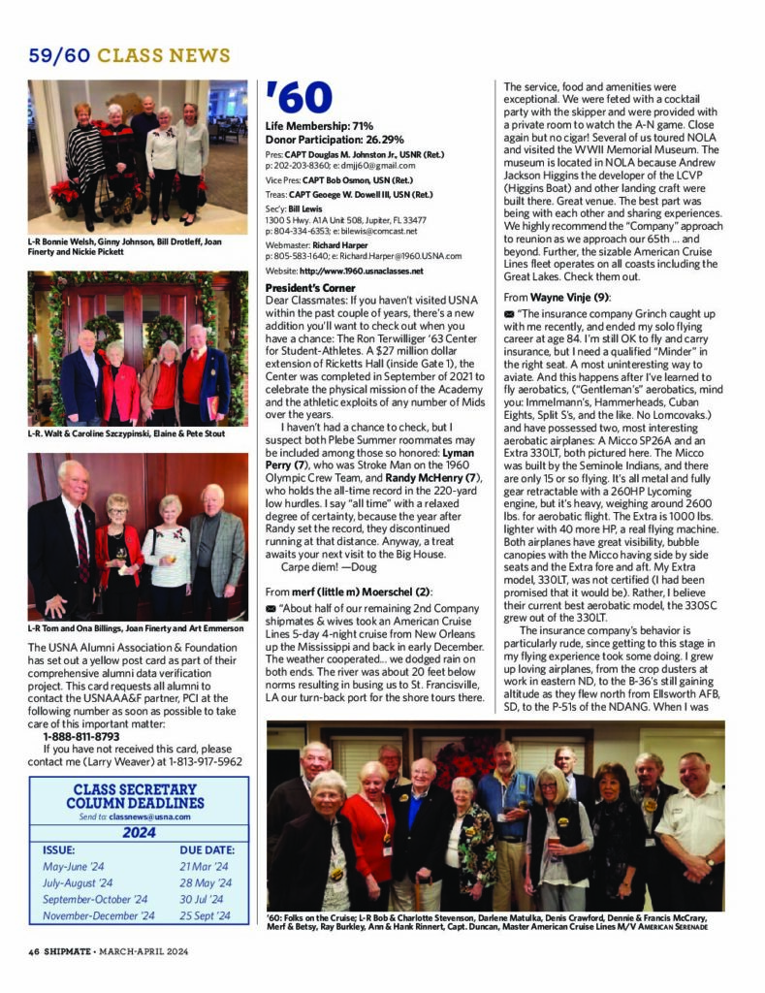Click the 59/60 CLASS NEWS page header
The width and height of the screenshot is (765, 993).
(129, 55)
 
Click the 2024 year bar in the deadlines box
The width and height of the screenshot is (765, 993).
(139, 832)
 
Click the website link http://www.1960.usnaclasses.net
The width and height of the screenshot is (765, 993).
(361, 271)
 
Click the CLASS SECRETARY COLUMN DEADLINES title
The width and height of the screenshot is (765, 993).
(139, 796)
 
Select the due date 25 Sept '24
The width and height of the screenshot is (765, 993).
(206, 914)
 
